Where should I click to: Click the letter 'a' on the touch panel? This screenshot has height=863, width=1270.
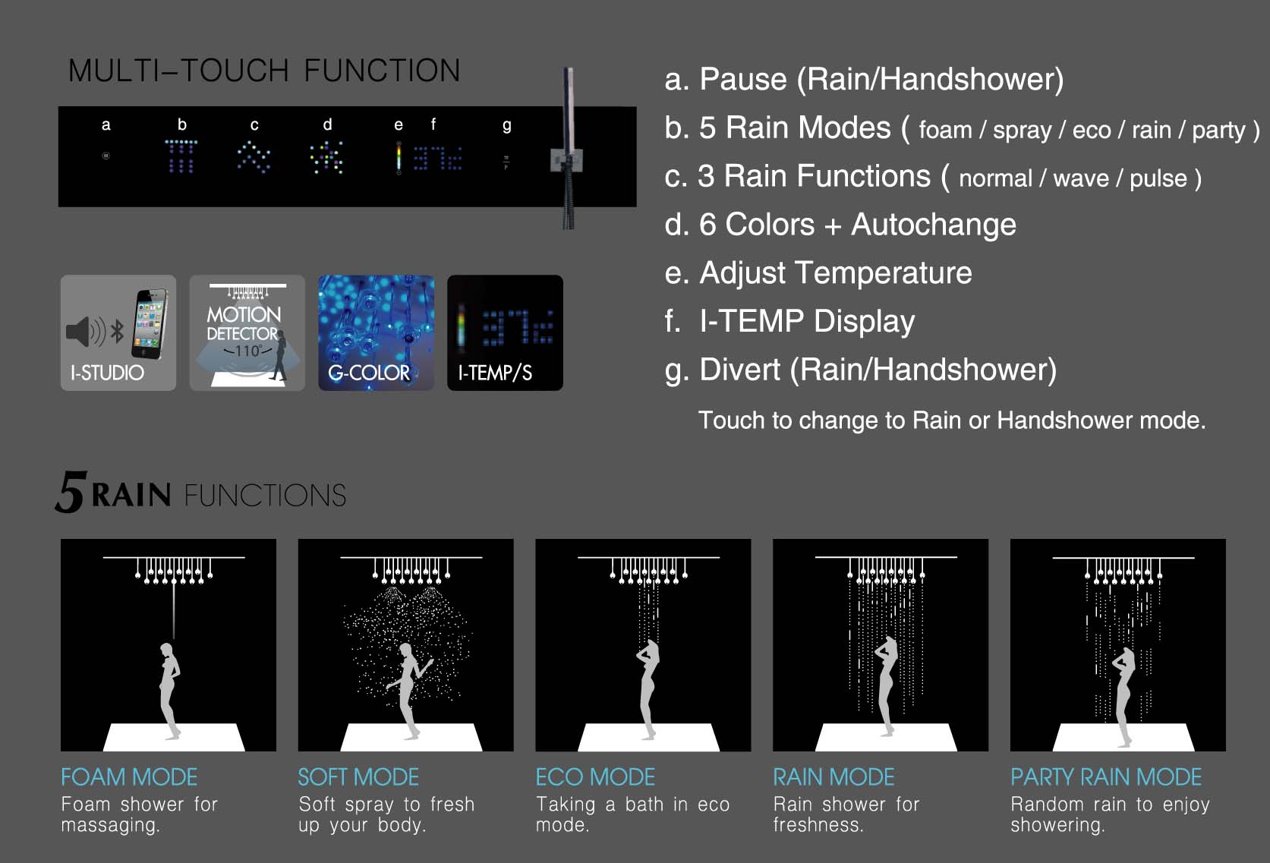(106, 125)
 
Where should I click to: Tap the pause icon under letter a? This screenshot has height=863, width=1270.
(106, 156)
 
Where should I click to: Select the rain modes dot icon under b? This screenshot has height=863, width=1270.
(181, 156)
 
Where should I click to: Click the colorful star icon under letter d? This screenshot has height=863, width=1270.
(326, 157)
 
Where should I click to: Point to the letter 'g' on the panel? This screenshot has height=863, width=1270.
(507, 126)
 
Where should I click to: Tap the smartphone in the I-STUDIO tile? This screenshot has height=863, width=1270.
(150, 324)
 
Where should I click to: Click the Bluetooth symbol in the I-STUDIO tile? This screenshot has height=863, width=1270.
(118, 332)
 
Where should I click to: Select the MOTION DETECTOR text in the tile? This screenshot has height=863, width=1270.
(244, 323)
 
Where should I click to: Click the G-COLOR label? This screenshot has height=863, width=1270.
(369, 373)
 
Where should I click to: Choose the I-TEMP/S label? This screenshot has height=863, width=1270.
(495, 373)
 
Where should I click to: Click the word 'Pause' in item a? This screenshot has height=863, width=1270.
(743, 79)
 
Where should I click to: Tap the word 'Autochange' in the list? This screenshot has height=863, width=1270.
(934, 225)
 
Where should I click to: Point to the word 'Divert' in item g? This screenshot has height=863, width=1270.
(740, 370)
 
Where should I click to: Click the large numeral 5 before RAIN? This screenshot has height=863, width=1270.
(71, 492)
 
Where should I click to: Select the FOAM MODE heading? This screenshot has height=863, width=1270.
(129, 777)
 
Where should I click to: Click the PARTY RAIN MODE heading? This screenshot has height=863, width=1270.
(1106, 777)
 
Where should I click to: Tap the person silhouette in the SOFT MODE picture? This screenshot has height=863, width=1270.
(408, 691)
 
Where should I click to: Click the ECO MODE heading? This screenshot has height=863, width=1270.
(595, 777)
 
